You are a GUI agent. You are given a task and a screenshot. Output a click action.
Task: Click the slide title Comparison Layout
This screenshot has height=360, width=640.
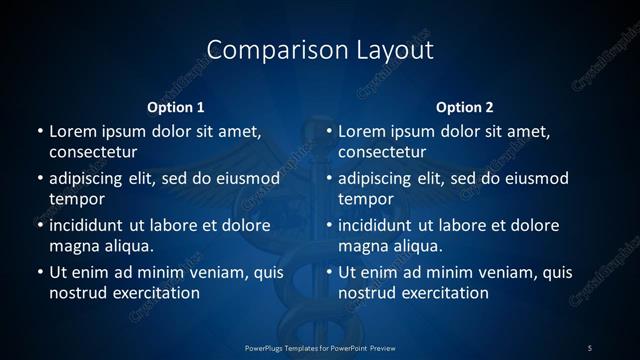[x=320, y=49]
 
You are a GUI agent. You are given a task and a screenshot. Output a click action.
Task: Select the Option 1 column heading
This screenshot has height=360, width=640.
[x=176, y=107]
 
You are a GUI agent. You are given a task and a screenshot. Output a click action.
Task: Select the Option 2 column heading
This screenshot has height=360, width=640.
[x=465, y=107]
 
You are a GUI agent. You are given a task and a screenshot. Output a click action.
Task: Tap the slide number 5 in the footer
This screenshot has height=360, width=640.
[x=589, y=347]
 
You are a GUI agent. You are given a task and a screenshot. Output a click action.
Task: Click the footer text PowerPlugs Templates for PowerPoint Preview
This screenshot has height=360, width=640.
[x=320, y=347]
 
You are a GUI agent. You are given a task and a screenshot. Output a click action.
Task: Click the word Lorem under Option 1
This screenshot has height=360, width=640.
[x=72, y=131]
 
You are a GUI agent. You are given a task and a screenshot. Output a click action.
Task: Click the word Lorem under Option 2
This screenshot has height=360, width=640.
[x=362, y=131]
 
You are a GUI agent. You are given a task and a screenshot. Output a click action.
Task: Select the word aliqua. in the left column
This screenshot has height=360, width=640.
[x=127, y=246]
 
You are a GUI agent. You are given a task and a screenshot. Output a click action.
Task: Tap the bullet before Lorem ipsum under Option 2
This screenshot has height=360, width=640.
[x=329, y=131]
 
